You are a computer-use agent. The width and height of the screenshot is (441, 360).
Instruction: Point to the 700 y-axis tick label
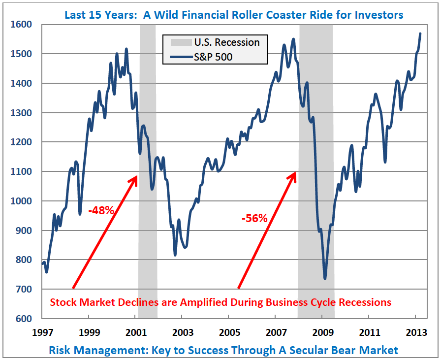(25, 289)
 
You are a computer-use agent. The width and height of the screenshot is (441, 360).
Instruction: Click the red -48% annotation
(101, 211)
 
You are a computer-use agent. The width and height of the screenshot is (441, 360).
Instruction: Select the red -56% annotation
(254, 218)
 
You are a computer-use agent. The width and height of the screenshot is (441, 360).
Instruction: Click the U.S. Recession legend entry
(227, 42)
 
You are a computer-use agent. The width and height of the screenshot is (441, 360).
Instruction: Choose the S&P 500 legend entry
(213, 57)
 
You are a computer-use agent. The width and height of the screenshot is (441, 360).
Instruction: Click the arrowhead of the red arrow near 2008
(295, 173)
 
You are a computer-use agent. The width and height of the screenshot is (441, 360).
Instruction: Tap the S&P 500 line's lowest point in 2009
(325, 279)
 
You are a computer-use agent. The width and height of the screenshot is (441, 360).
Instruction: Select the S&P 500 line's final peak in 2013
(420, 33)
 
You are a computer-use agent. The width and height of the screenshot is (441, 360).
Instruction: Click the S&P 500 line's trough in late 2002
(175, 255)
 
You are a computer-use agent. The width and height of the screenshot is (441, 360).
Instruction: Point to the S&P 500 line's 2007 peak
(293, 39)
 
